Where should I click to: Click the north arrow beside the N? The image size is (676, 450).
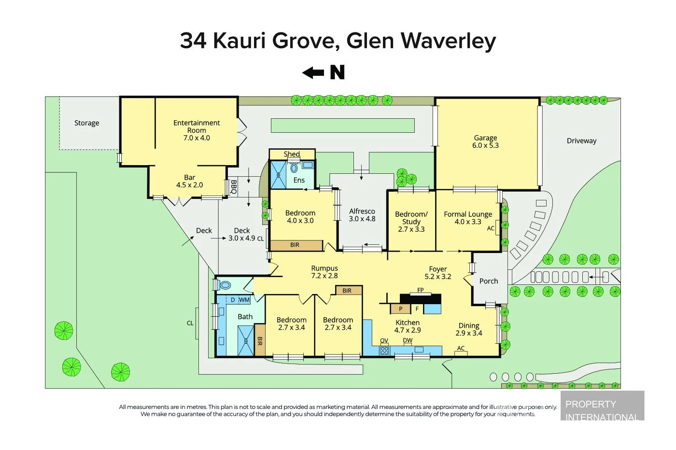click(x=313, y=73)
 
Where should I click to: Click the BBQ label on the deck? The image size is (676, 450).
click(x=233, y=187)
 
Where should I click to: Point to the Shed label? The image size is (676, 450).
click(x=292, y=155)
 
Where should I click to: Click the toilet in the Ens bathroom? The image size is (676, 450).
click(x=294, y=168)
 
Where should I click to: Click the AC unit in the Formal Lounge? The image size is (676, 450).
click(x=491, y=228)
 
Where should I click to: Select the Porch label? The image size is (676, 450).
click(x=488, y=281)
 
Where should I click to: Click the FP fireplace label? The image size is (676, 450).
click(x=420, y=291)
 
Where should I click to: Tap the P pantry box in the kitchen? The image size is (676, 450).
click(x=400, y=309)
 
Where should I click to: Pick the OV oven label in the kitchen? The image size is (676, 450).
click(x=384, y=341)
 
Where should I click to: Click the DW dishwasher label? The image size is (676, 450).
click(x=408, y=341)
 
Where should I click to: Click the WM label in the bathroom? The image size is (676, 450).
click(x=244, y=300)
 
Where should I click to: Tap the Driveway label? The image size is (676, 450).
click(x=581, y=141)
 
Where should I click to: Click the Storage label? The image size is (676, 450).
click(x=86, y=123)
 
